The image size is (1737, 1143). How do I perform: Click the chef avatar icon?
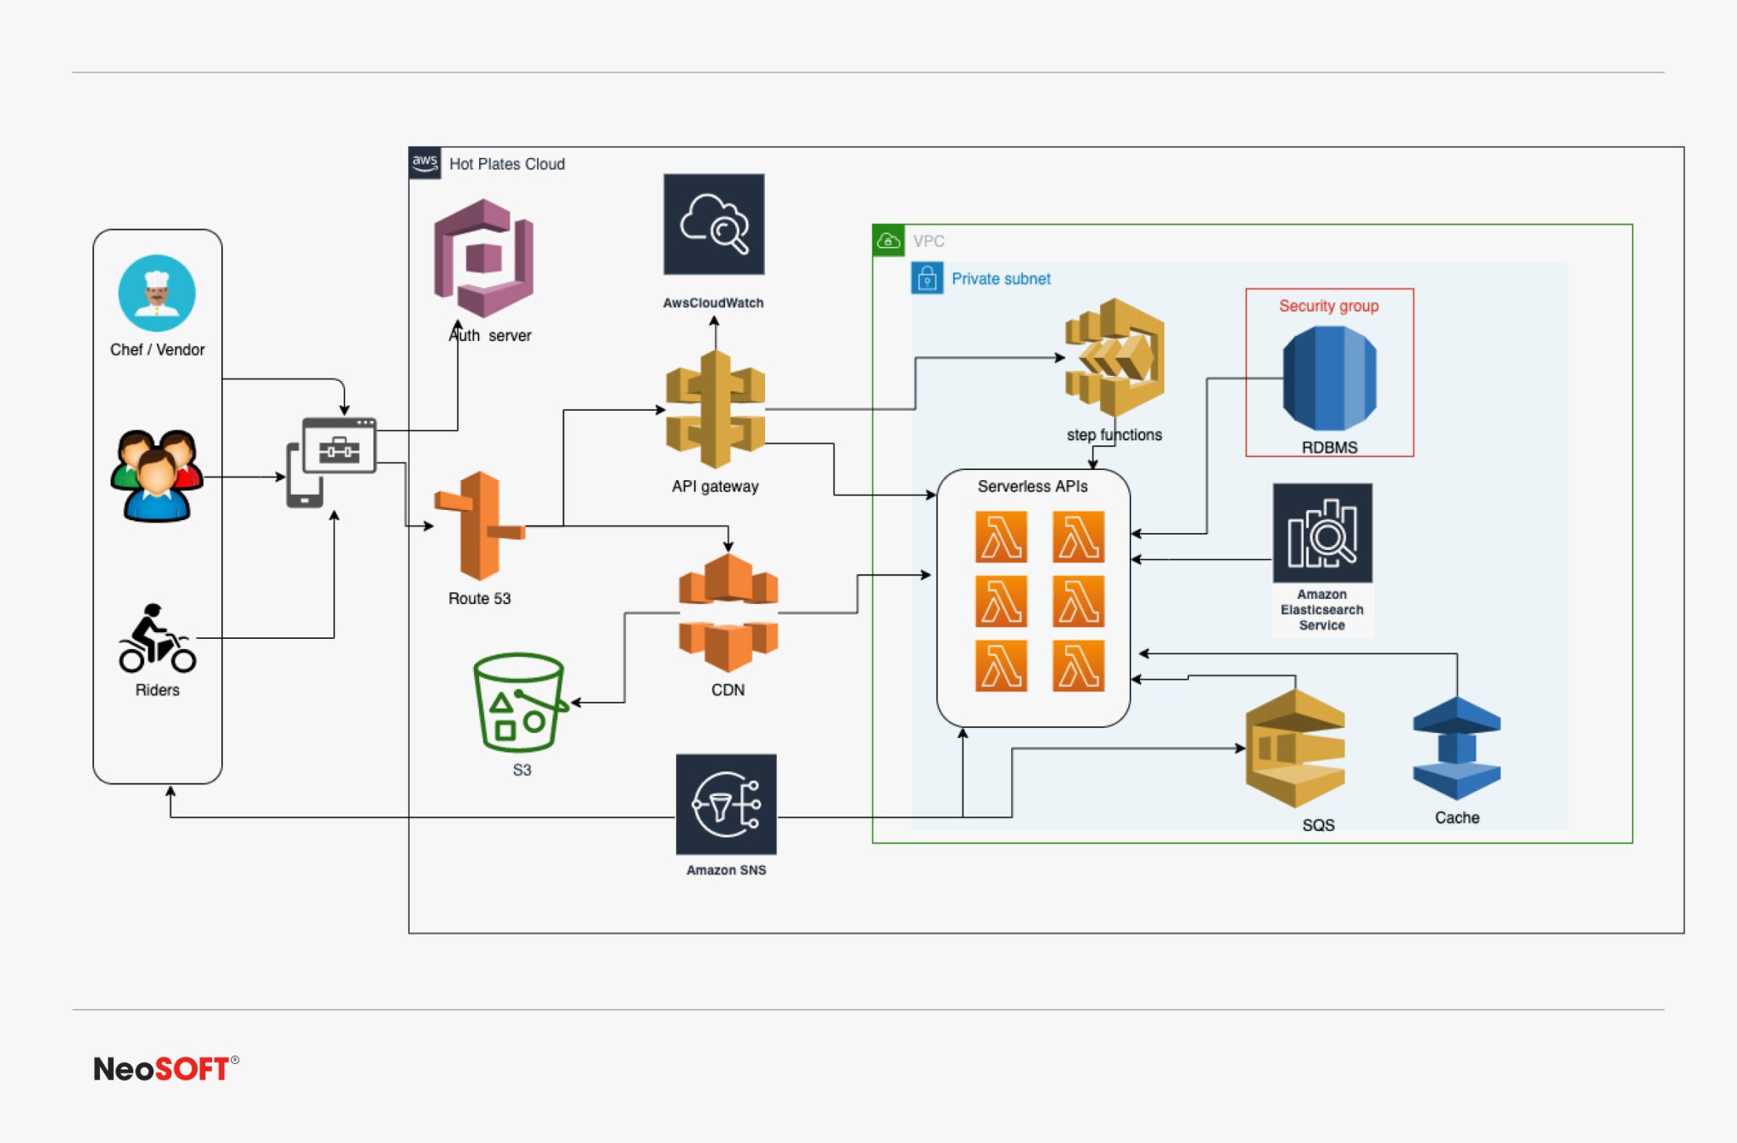(x=157, y=293)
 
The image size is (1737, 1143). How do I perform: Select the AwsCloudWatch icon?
(x=713, y=224)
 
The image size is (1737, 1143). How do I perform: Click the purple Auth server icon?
(x=483, y=258)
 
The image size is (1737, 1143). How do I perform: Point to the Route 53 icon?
(x=480, y=526)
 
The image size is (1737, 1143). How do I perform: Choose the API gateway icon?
(x=715, y=410)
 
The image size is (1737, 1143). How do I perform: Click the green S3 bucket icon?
(x=519, y=703)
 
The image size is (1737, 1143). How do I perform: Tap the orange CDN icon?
(x=728, y=613)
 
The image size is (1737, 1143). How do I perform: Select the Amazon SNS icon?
(x=726, y=804)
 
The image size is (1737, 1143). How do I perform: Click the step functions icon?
(x=1114, y=357)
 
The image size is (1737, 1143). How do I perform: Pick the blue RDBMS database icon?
(x=1329, y=378)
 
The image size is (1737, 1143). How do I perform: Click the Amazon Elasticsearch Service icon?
(x=1322, y=533)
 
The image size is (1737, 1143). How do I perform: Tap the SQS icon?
(x=1295, y=748)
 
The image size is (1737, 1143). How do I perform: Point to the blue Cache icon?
(x=1456, y=748)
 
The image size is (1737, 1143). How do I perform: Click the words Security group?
(x=1328, y=305)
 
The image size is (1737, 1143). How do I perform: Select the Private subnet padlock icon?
(x=926, y=278)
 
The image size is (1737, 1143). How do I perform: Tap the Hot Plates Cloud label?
(x=506, y=164)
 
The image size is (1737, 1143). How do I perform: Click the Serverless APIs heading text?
(x=1032, y=486)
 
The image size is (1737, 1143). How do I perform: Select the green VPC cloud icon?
(x=888, y=241)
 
